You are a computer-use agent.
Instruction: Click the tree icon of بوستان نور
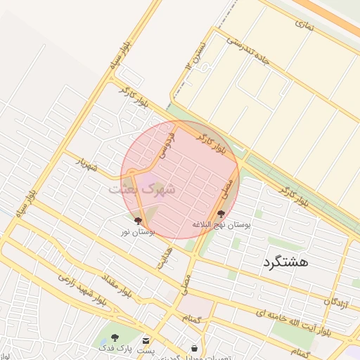coord(137,221)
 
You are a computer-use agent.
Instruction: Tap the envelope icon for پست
coord(146,340)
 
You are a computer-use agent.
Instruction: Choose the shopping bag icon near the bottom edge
coord(194,348)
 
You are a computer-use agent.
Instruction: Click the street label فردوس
coord(165,143)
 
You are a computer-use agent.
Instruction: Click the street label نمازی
coord(304,25)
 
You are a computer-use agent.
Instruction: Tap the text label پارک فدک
coord(115,348)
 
